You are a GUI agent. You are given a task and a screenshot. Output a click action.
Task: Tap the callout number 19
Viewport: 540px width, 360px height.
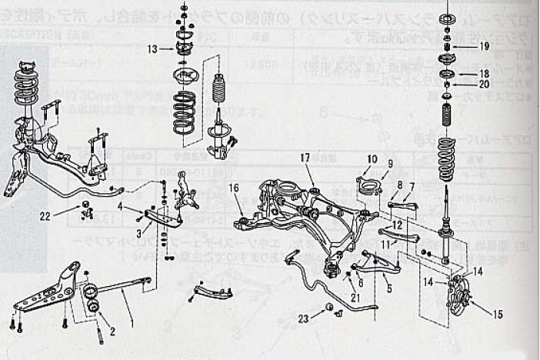(484, 46)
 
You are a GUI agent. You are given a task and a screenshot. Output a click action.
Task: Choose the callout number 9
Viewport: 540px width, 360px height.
(390, 164)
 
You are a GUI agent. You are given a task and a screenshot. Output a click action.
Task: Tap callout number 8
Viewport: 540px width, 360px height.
(399, 185)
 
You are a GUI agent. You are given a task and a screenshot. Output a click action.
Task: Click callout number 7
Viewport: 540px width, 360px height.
(412, 186)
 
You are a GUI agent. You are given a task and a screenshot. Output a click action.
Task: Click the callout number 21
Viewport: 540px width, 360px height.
(355, 297)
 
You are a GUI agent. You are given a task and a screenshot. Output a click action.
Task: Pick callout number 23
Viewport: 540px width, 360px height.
(305, 318)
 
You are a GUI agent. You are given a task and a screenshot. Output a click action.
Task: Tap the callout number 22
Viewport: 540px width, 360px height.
(46, 217)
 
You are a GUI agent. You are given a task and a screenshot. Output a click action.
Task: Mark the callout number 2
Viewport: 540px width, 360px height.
(112, 332)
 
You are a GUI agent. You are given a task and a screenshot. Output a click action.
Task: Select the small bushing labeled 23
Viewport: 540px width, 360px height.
(330, 307)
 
